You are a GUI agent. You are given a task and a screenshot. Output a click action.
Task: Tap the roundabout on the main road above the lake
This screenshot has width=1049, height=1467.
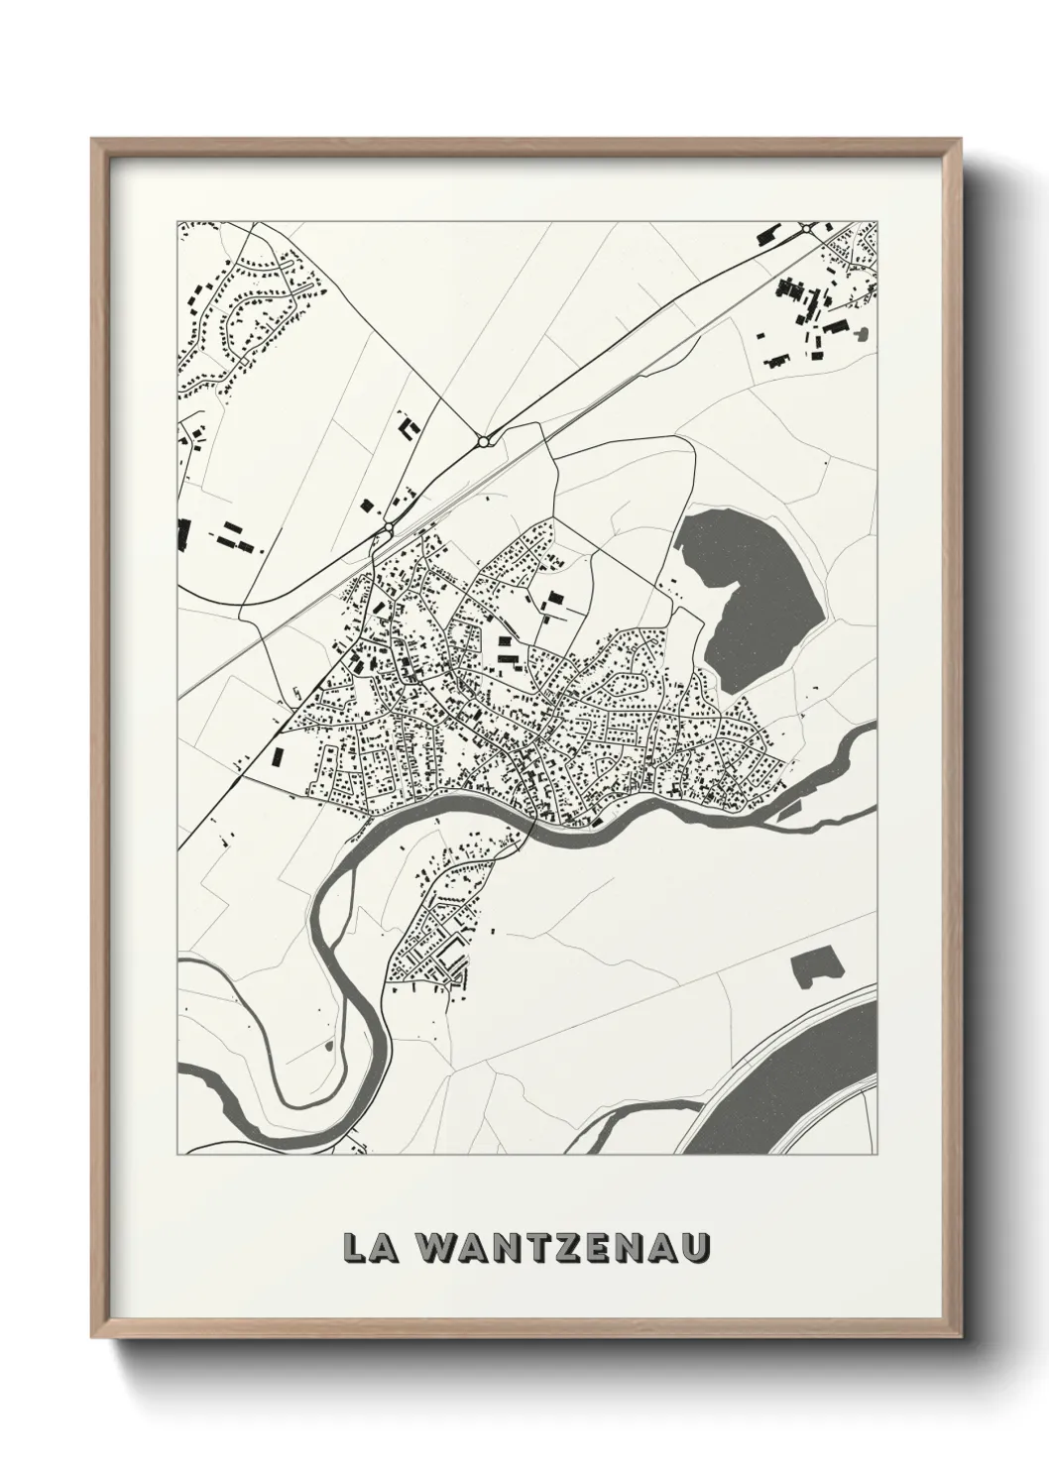[x=483, y=439]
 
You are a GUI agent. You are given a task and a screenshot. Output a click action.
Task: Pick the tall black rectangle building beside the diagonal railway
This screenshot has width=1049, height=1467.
[x=277, y=757]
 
